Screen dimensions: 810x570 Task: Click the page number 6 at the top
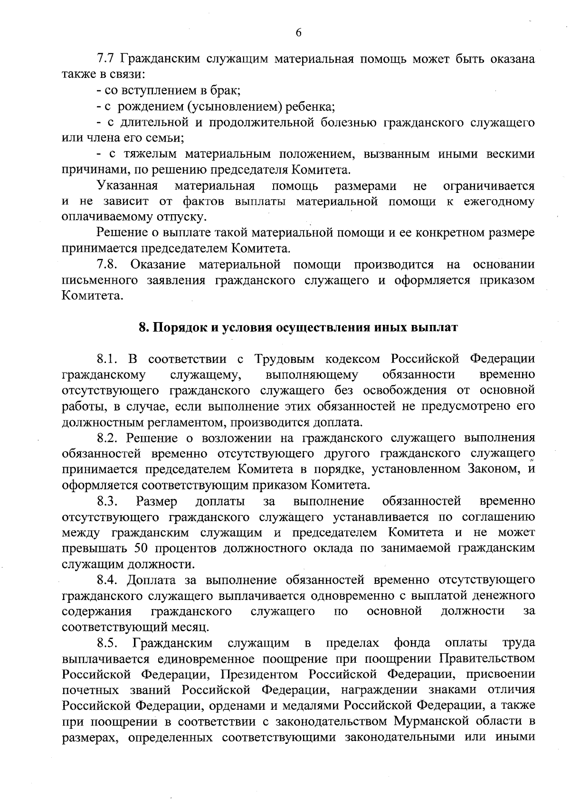[x=298, y=33]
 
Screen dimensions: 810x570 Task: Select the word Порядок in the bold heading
[x=181, y=328]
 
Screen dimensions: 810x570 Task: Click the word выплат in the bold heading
[x=437, y=328]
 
